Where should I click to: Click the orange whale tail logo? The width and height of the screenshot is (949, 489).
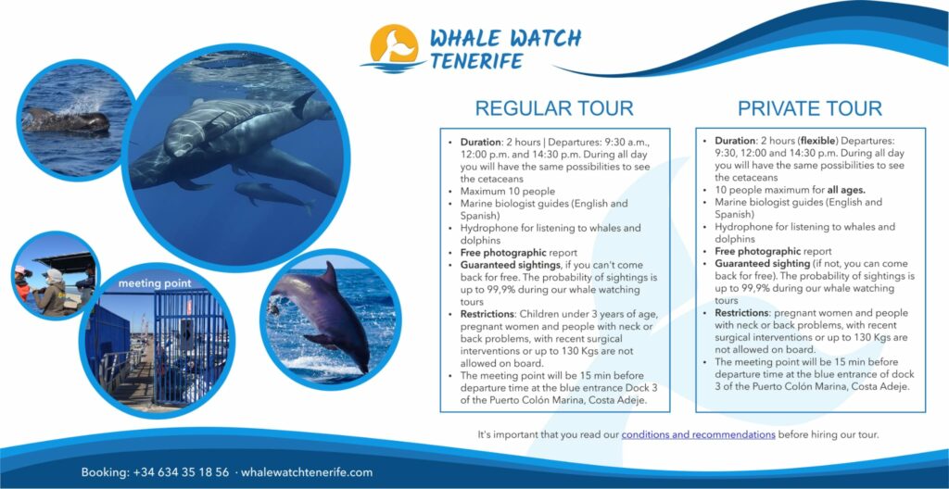394,44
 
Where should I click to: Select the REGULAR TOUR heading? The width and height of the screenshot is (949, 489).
554,108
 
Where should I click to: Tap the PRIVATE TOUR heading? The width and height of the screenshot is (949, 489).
810,108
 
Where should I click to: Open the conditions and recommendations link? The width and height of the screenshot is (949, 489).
698,434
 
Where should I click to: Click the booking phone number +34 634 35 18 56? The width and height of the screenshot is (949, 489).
181,472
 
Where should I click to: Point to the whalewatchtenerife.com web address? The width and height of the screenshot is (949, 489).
307,472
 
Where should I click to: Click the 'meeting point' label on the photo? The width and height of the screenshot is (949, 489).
155,283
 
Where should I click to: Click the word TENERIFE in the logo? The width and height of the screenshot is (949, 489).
475,60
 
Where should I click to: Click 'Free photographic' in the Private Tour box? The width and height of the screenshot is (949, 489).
758,251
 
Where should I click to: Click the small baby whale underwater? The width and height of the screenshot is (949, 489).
273,194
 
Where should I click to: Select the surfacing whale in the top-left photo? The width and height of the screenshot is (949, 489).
67,119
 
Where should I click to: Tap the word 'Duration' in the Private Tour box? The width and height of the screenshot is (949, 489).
734,141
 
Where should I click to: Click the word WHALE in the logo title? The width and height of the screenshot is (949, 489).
465,38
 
